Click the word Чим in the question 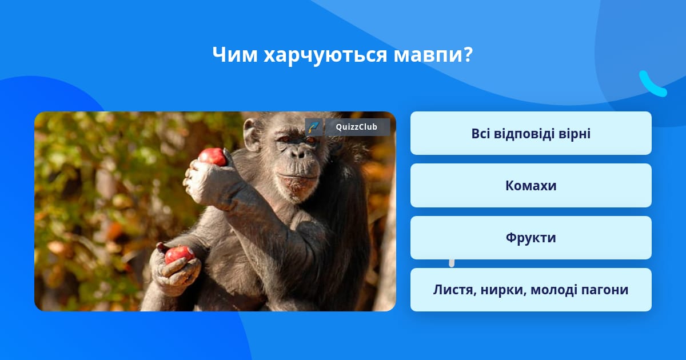coord(235,55)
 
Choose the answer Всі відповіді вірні coord(531,133)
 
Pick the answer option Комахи coord(531,186)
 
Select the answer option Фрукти coord(531,238)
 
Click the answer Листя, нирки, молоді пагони coord(531,290)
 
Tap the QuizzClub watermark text coord(357,127)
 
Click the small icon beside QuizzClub coord(314,127)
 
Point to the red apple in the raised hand coord(212,157)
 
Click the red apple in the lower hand coord(179,254)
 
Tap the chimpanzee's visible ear coord(252,135)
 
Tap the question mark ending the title coord(468,55)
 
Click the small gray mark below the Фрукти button coord(452,263)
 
